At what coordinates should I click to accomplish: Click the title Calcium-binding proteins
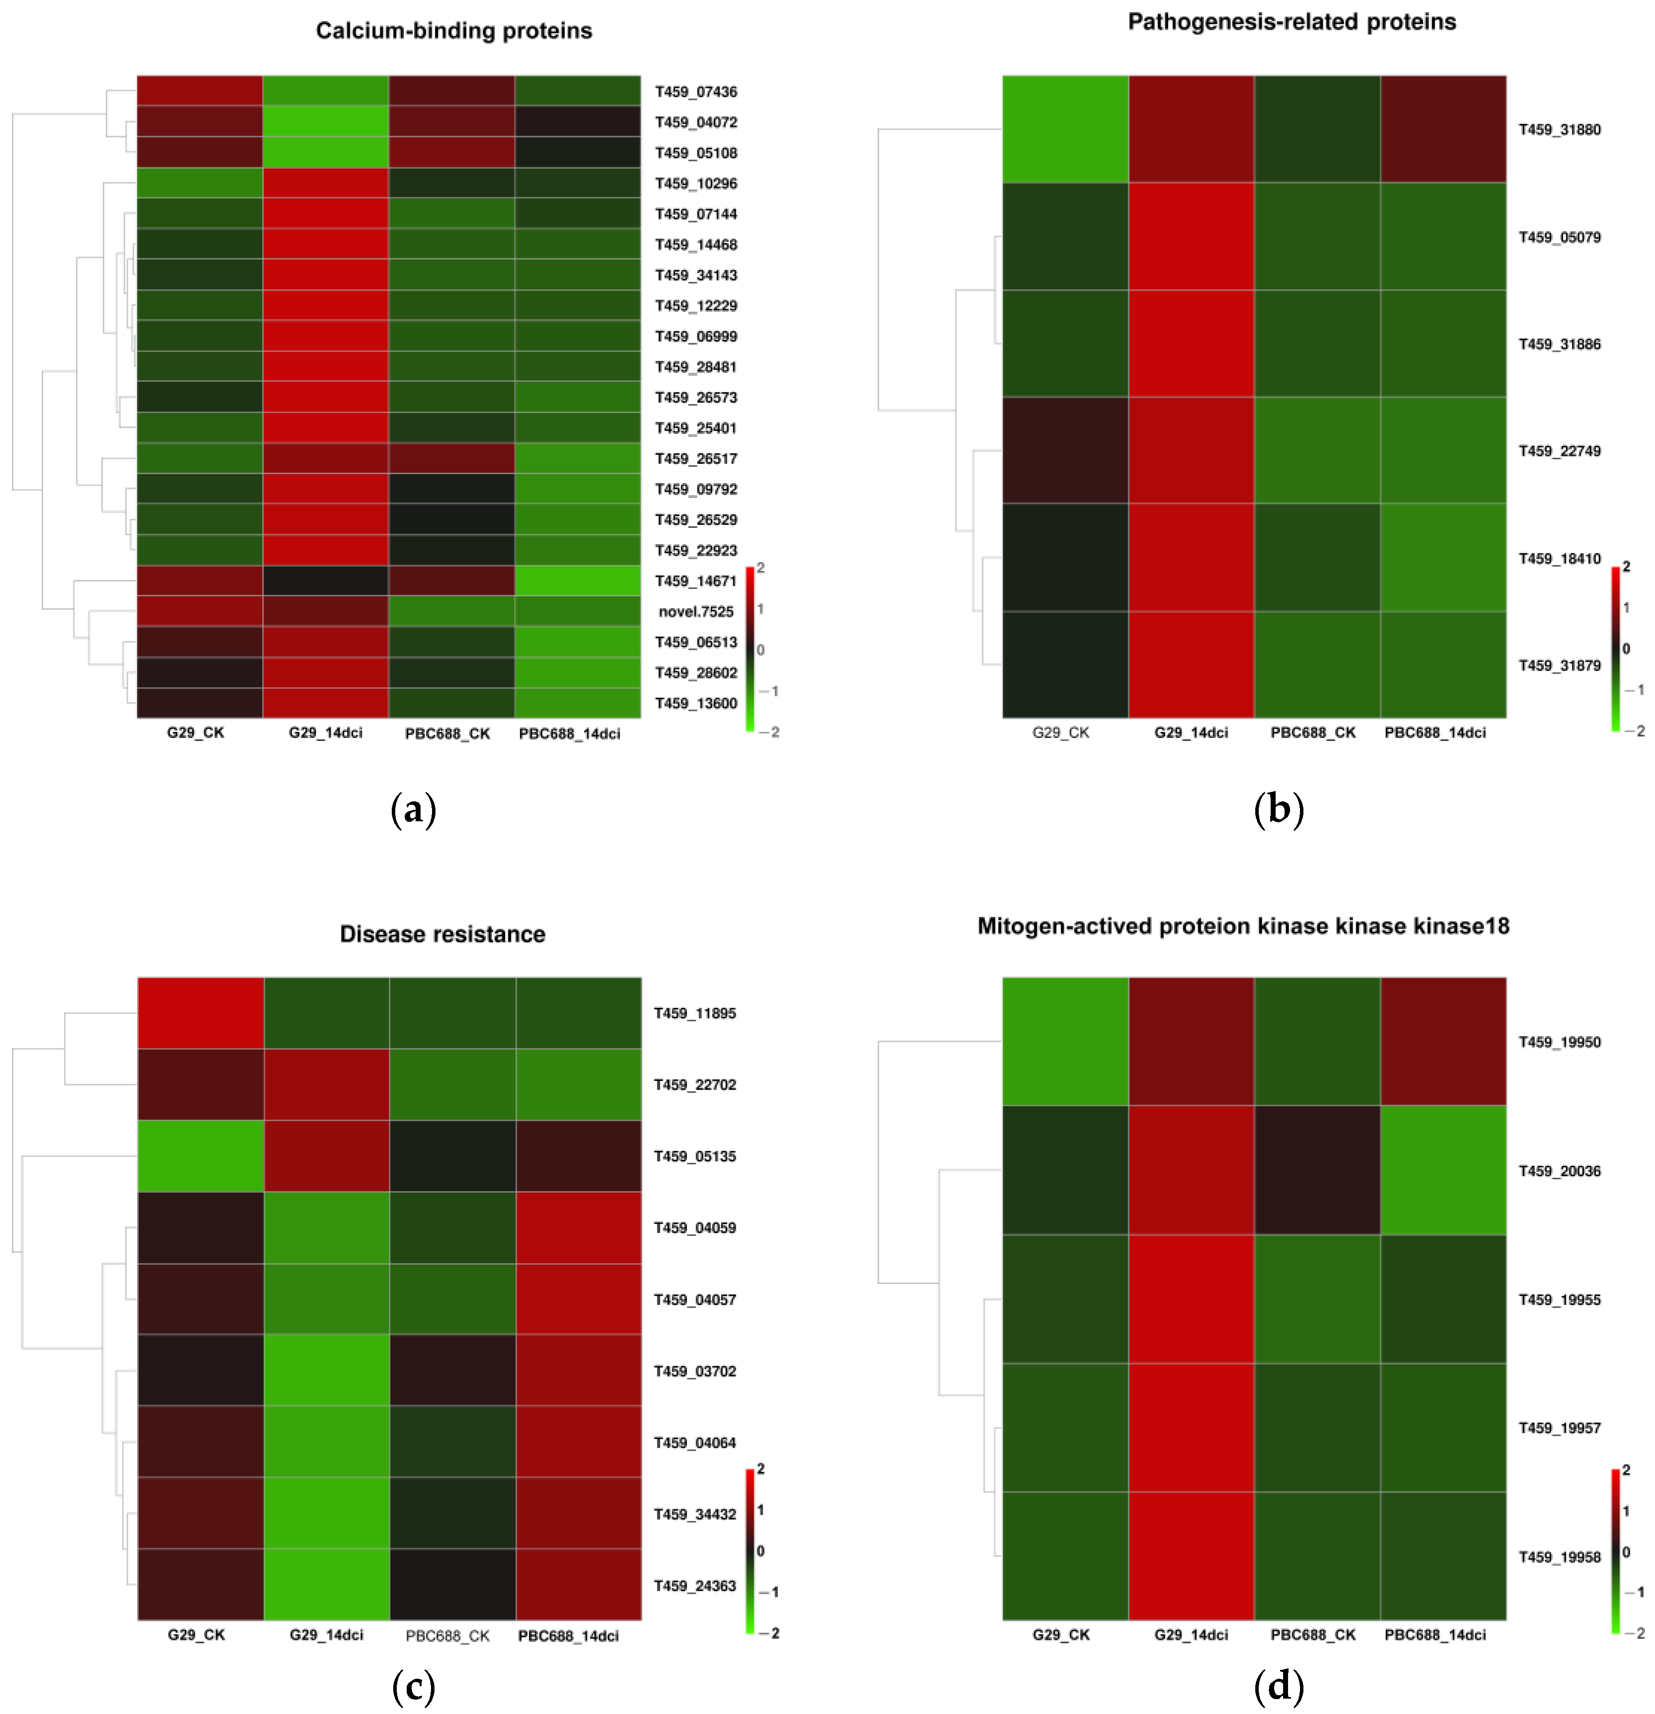tap(453, 31)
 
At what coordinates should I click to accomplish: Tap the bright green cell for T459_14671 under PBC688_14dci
tap(577, 580)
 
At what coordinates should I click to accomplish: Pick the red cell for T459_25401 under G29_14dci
tap(325, 428)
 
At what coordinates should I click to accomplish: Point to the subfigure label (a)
tap(413, 809)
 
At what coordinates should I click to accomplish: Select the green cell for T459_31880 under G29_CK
tap(1065, 130)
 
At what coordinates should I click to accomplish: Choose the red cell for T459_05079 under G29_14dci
tap(1191, 237)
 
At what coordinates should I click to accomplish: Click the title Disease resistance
tap(442, 934)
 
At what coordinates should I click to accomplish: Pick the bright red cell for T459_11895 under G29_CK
tap(200, 1012)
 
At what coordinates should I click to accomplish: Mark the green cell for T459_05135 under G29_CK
tap(200, 1156)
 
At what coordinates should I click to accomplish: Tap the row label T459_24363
tap(695, 1585)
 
